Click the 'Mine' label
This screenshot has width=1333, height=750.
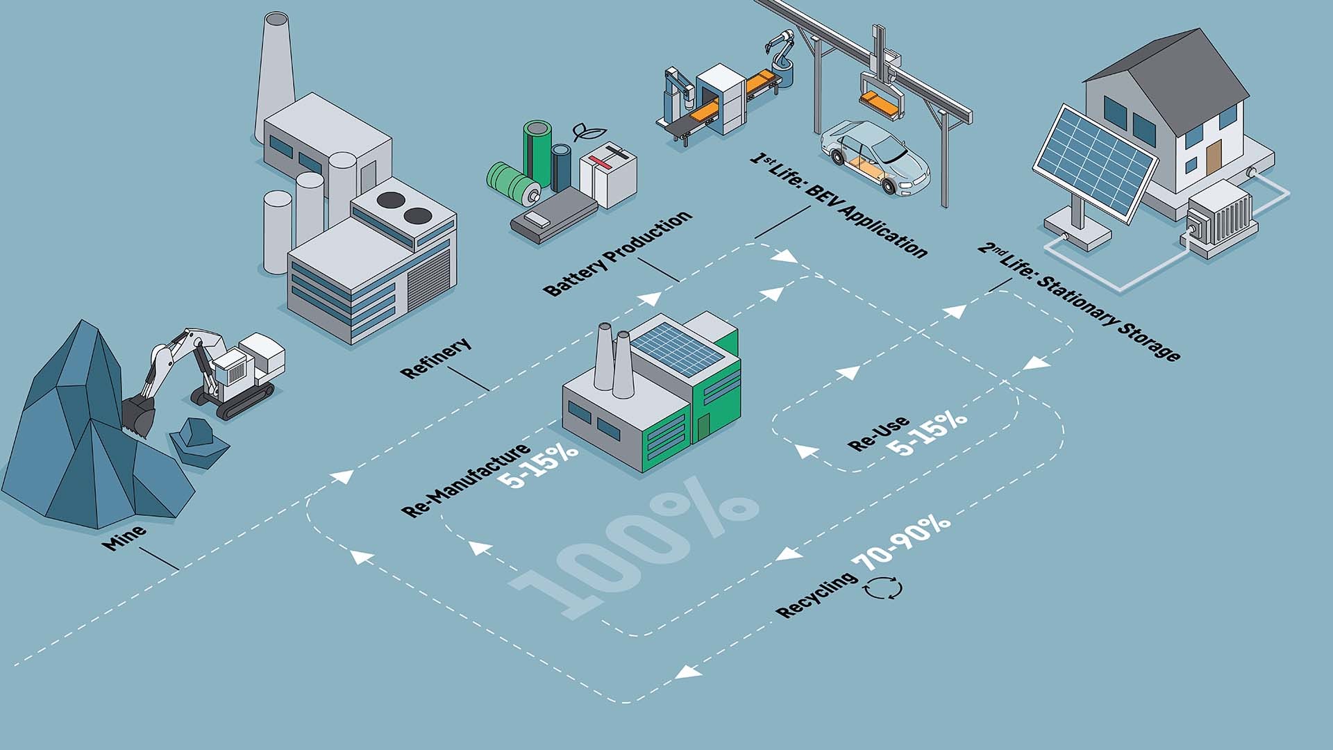click(124, 537)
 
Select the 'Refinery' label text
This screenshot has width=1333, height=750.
click(436, 357)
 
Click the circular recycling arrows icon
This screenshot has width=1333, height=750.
click(883, 588)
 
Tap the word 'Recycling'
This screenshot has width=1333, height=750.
click(817, 595)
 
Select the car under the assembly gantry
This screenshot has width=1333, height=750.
click(875, 158)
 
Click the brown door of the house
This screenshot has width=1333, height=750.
click(1213, 159)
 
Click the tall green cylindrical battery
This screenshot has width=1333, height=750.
click(537, 153)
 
